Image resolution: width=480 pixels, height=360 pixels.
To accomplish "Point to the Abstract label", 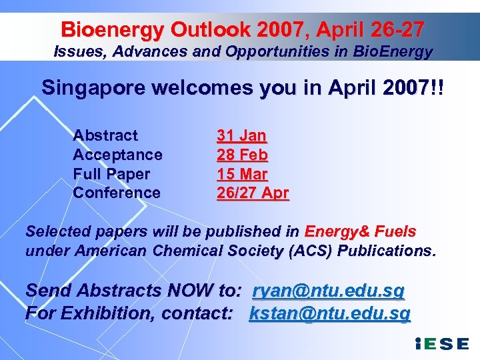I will click(105, 135).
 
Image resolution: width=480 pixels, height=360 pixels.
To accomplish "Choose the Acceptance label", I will click(117, 155).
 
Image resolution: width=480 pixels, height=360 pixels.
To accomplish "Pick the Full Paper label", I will click(111, 174).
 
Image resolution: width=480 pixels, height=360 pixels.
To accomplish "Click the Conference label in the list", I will click(117, 193).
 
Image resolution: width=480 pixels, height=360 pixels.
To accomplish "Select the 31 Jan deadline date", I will click(241, 136).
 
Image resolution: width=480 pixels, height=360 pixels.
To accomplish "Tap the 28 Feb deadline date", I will click(242, 155).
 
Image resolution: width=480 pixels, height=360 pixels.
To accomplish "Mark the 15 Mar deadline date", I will click(242, 174).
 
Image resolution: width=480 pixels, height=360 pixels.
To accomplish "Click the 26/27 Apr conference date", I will click(253, 193).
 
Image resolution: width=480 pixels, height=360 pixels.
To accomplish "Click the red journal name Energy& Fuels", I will click(360, 232).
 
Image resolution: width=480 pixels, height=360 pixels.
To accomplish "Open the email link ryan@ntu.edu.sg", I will click(329, 291).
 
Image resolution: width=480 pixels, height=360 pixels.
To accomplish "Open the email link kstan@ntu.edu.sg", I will click(329, 313).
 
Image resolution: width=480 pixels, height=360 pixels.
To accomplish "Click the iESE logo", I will click(441, 345).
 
